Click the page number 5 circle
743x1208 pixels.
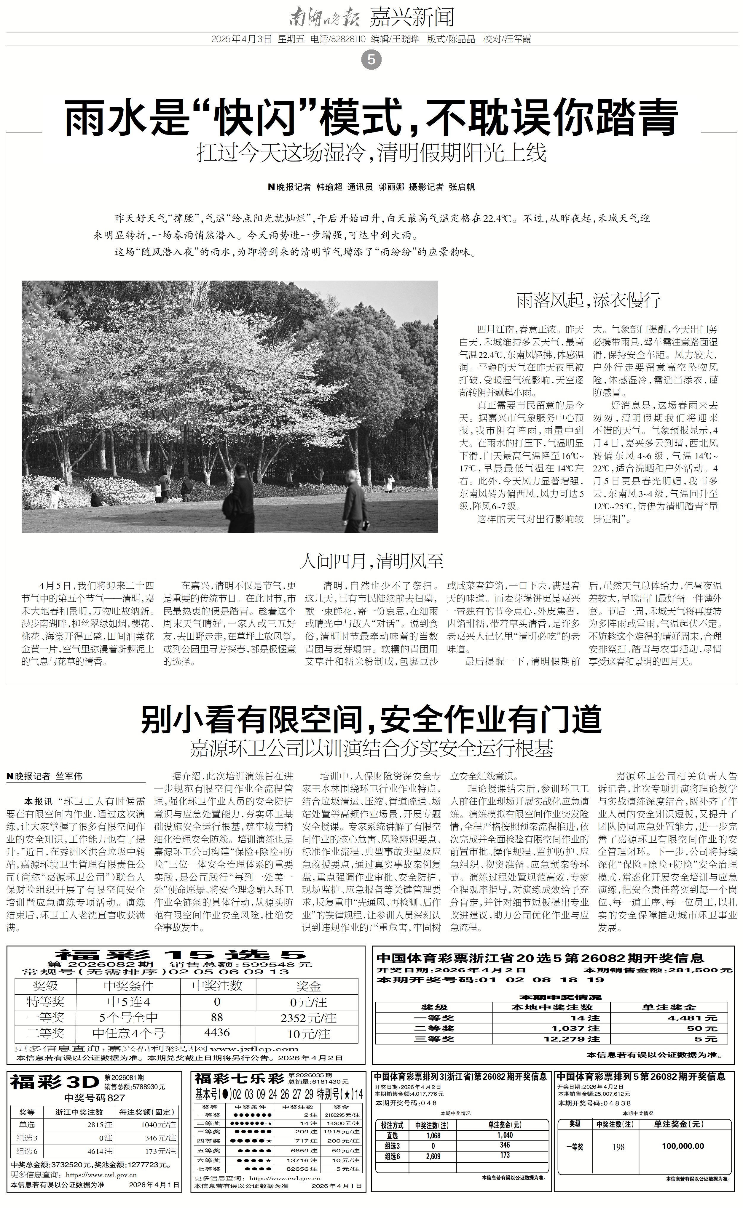pyautogui.click(x=371, y=60)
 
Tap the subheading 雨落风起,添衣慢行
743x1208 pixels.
pyautogui.click(x=588, y=300)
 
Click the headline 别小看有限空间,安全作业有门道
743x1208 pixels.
pyautogui.click(x=372, y=720)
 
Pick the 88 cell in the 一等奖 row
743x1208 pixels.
pyautogui.click(x=217, y=1017)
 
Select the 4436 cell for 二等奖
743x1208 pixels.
pyautogui.click(x=217, y=1033)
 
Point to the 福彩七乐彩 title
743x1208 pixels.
pyautogui.click(x=239, y=1079)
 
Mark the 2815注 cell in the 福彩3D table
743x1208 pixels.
pyautogui.click(x=99, y=1124)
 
